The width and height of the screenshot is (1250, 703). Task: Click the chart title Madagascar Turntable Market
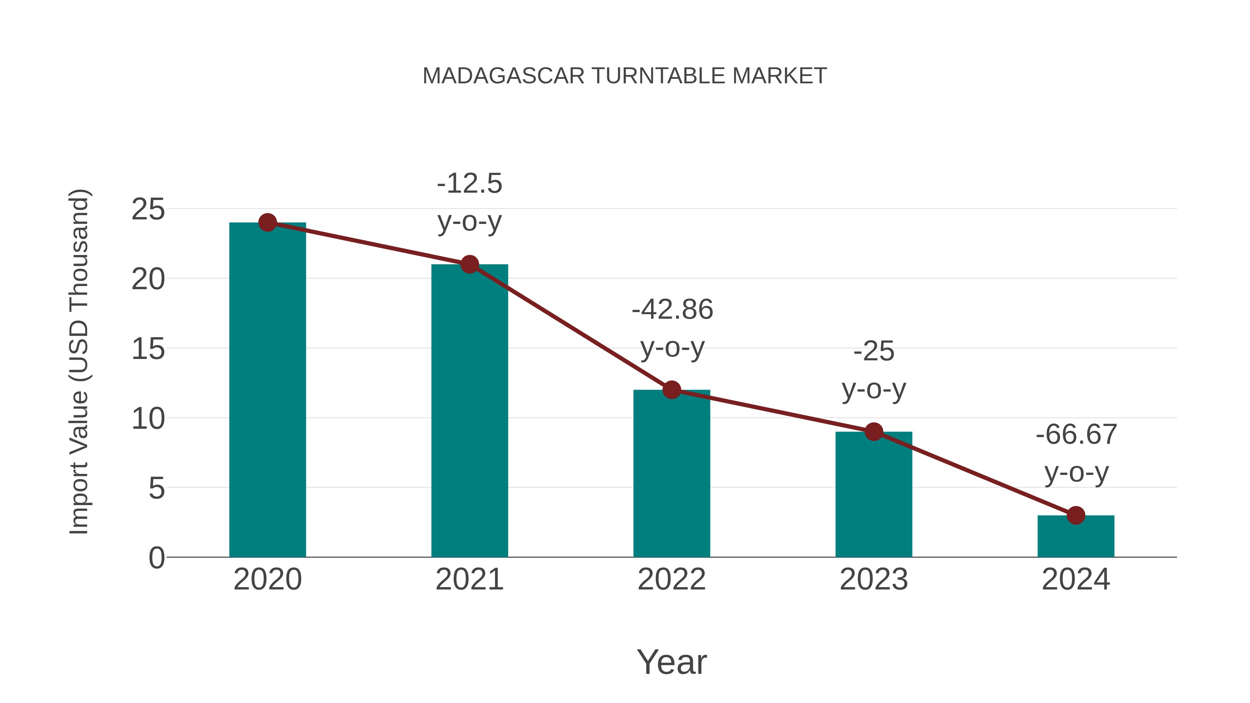[625, 76]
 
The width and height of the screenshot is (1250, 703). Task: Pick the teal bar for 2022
[672, 476]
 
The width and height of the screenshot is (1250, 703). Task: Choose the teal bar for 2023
[874, 495]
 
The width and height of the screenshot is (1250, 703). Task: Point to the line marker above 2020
[267, 223]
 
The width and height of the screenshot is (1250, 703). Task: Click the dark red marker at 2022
[672, 390]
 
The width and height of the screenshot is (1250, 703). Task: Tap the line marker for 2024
[1076, 515]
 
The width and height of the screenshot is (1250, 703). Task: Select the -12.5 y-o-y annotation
[469, 202]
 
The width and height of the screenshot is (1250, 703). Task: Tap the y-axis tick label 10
[148, 419]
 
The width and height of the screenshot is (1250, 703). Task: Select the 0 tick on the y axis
[156, 558]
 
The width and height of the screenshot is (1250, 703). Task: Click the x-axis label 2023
[874, 579]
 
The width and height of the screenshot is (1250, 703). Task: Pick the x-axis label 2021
[469, 579]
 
